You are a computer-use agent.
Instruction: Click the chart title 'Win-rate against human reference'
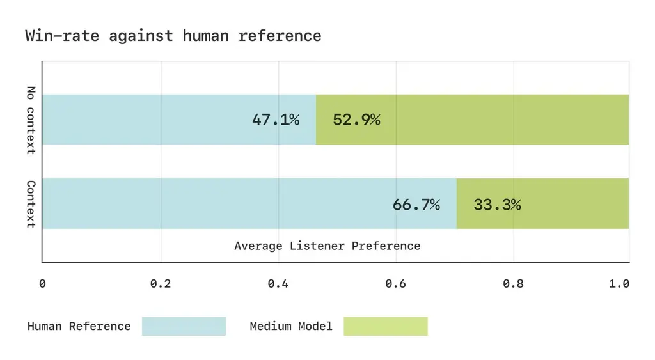173,35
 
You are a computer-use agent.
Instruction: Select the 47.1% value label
275,120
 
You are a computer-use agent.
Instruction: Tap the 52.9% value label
356,120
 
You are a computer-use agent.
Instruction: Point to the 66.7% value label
416,205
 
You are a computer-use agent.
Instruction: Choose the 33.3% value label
497,205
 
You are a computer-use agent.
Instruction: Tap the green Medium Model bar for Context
576,203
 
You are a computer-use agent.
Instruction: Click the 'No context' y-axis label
31,120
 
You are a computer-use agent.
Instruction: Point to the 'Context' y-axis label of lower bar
31,204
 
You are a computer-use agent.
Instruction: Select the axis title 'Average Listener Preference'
327,246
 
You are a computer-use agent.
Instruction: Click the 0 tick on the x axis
42,283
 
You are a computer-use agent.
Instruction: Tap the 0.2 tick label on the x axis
160,283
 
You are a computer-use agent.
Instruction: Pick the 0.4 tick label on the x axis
278,283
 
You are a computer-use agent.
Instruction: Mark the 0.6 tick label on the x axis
396,283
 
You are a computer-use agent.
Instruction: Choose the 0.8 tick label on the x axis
514,283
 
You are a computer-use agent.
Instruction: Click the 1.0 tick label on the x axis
619,283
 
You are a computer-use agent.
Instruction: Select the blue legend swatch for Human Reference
184,326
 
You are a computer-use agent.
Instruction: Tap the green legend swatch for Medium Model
385,326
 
